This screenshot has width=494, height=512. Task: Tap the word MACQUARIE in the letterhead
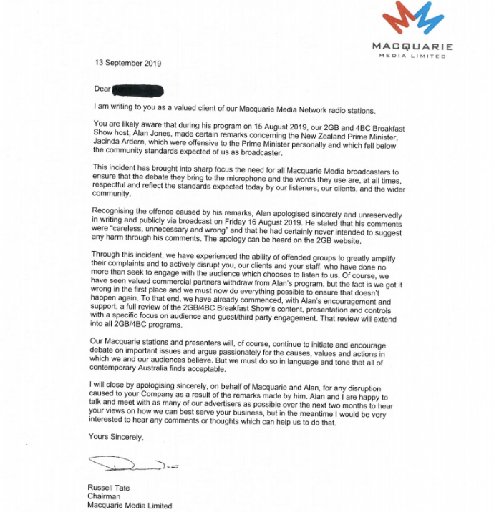412,47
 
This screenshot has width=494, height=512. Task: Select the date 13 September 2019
128,63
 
